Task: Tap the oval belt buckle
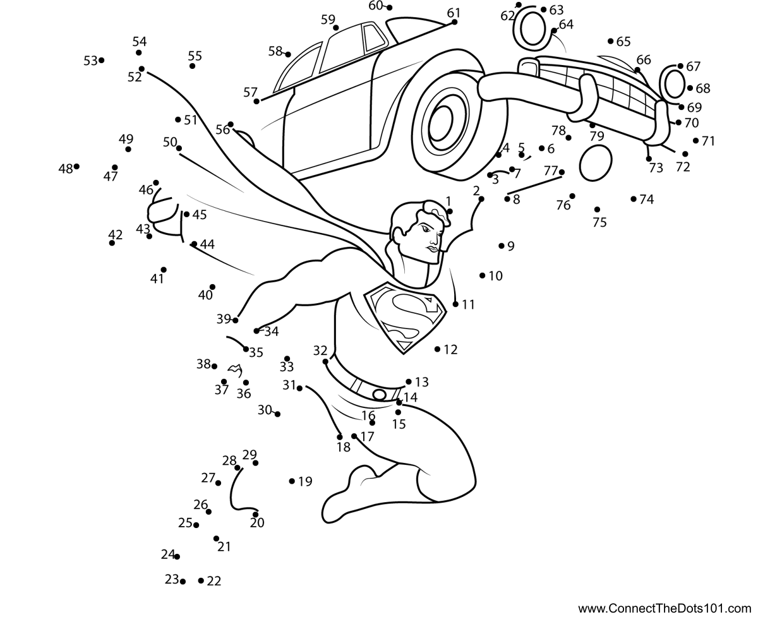tap(380, 394)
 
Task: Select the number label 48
tap(66, 169)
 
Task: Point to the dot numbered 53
tap(102, 60)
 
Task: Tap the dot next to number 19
tap(292, 481)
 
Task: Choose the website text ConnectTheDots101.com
tap(665, 608)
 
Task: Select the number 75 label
tap(599, 222)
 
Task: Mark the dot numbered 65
tap(611, 41)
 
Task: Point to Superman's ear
tap(397, 233)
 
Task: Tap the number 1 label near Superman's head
tap(448, 201)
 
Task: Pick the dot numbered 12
tap(437, 349)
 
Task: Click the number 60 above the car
tap(375, 6)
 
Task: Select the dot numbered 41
tap(164, 270)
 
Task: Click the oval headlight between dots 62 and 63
tap(532, 28)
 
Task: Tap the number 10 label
tap(495, 276)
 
